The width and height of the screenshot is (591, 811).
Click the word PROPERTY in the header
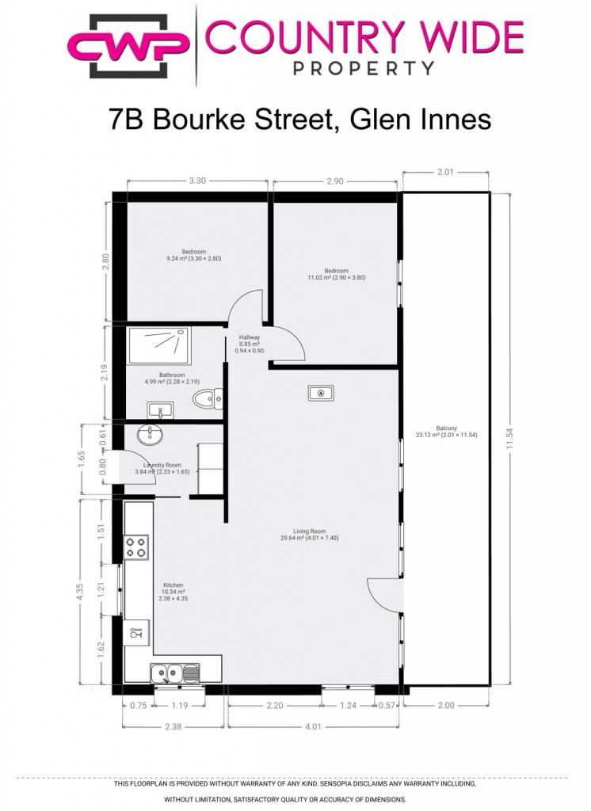(x=364, y=68)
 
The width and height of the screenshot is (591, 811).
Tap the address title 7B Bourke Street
(x=220, y=120)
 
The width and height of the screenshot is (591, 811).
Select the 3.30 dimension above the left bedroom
(x=197, y=181)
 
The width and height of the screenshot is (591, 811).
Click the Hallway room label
(x=250, y=337)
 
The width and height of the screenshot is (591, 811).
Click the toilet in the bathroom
(x=208, y=399)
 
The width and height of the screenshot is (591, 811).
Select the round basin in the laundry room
(x=150, y=434)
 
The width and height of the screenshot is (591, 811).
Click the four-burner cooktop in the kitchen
(x=136, y=547)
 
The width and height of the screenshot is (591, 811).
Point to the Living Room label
(x=310, y=531)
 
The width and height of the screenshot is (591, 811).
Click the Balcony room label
(x=446, y=428)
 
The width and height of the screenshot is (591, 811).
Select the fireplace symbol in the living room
(x=321, y=394)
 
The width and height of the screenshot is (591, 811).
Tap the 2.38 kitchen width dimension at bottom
(x=173, y=726)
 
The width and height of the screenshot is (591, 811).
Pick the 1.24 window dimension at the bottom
(x=348, y=705)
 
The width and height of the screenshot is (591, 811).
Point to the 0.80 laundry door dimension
(x=102, y=467)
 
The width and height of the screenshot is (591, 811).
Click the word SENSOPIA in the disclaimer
(x=340, y=783)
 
